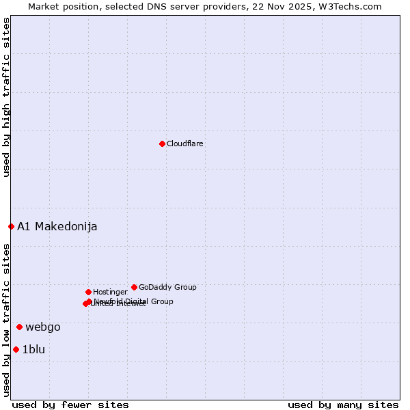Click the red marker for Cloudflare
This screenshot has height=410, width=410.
pyautogui.click(x=162, y=143)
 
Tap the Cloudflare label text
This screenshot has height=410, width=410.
pyautogui.click(x=185, y=143)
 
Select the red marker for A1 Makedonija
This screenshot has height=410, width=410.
pyautogui.click(x=11, y=226)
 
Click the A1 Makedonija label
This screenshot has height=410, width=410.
pyautogui.click(x=57, y=227)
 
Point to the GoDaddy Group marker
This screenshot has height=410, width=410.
pyautogui.click(x=134, y=287)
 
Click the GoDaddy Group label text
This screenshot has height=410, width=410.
pyautogui.click(x=167, y=287)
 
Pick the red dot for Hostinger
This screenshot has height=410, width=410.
pyautogui.click(x=88, y=292)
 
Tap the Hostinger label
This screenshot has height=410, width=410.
pyautogui.click(x=110, y=292)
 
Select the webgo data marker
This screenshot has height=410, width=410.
pyautogui.click(x=19, y=327)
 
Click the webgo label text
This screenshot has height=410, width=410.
pyautogui.click(x=43, y=327)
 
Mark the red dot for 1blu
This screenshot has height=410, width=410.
pyautogui.click(x=16, y=349)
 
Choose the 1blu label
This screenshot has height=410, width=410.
pyautogui.click(x=33, y=350)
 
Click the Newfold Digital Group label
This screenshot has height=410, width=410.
pyautogui.click(x=134, y=301)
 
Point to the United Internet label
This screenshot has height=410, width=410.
pyautogui.click(x=119, y=304)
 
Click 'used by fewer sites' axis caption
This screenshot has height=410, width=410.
pyautogui.click(x=70, y=405)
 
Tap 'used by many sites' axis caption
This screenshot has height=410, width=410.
pyautogui.click(x=343, y=405)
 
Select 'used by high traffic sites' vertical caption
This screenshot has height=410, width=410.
pyautogui.click(x=6, y=98)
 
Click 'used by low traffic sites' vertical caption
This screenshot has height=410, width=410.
pyautogui.click(x=6, y=320)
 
